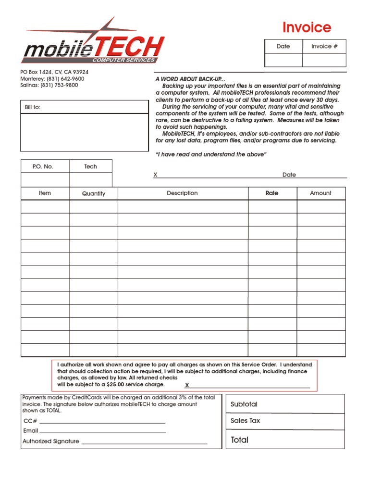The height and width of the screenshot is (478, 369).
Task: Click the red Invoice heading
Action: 307,27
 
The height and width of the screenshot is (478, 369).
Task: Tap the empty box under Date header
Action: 283,60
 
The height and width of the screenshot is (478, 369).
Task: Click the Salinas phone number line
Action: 49,85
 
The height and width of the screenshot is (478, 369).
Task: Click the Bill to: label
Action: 33,107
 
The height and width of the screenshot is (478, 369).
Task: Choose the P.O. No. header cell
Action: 43,166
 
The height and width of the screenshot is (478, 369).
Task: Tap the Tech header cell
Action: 90,166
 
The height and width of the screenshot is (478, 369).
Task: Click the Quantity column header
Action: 93,193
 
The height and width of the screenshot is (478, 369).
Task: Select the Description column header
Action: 182,193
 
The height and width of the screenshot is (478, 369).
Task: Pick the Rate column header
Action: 272,193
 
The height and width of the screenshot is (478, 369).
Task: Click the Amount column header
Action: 320,193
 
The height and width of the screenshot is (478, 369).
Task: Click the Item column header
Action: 45,193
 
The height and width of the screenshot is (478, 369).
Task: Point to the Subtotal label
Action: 244,404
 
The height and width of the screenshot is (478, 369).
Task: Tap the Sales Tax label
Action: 245,421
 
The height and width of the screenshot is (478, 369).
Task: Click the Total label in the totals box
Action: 239,440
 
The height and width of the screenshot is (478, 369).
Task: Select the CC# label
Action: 30,421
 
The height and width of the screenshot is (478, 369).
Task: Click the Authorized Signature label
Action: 51,441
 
